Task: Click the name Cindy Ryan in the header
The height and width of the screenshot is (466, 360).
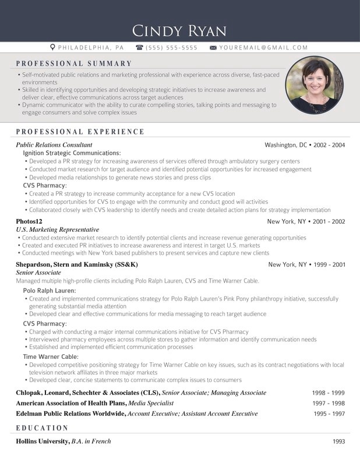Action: [179, 30]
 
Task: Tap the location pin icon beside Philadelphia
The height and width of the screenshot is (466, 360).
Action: [52, 47]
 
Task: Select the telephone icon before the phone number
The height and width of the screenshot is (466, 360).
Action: [139, 47]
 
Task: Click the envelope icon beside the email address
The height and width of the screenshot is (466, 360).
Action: [213, 47]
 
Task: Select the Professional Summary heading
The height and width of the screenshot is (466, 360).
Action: [74, 63]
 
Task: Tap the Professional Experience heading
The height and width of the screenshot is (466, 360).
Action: [80, 132]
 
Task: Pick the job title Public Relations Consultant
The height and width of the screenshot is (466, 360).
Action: [54, 144]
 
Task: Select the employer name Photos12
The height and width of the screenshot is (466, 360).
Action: [29, 221]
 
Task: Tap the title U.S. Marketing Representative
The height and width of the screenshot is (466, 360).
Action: [58, 230]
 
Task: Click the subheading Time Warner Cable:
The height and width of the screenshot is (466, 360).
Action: [51, 356]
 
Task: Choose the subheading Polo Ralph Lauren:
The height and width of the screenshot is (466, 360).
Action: [50, 290]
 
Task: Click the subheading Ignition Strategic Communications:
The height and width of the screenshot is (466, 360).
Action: [72, 153]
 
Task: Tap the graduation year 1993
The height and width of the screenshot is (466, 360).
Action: [339, 442]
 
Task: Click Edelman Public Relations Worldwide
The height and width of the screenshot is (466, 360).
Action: [70, 414]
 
